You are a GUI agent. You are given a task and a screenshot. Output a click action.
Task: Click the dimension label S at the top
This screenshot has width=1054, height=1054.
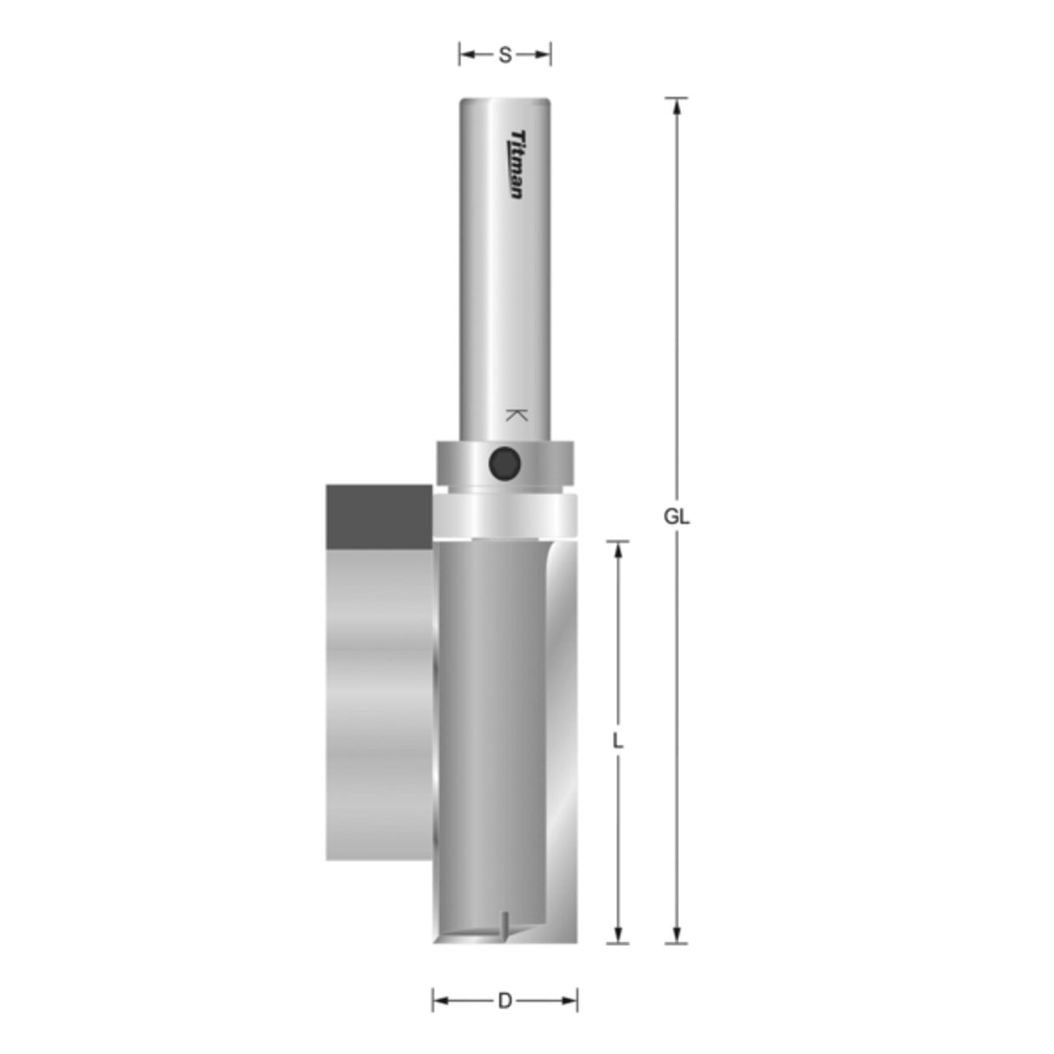pos(504,56)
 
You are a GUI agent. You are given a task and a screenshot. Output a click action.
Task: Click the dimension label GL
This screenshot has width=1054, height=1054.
pos(676,517)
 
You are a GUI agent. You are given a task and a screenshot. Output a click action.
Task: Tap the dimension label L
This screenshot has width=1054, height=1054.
pos(617,741)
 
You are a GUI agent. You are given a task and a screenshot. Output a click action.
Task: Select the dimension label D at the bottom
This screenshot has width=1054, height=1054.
pos(504,1001)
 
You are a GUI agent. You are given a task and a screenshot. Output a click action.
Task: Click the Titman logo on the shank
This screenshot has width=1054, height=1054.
pos(517,164)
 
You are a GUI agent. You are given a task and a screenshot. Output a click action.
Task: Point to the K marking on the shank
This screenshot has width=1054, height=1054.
pos(516,415)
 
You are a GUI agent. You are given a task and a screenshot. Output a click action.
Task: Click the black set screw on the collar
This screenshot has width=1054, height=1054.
pos(504,463)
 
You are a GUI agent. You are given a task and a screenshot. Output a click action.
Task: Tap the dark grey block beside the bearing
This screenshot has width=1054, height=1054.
pos(379,517)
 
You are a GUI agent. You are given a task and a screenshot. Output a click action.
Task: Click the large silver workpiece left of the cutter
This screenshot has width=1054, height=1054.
pos(379,703)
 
